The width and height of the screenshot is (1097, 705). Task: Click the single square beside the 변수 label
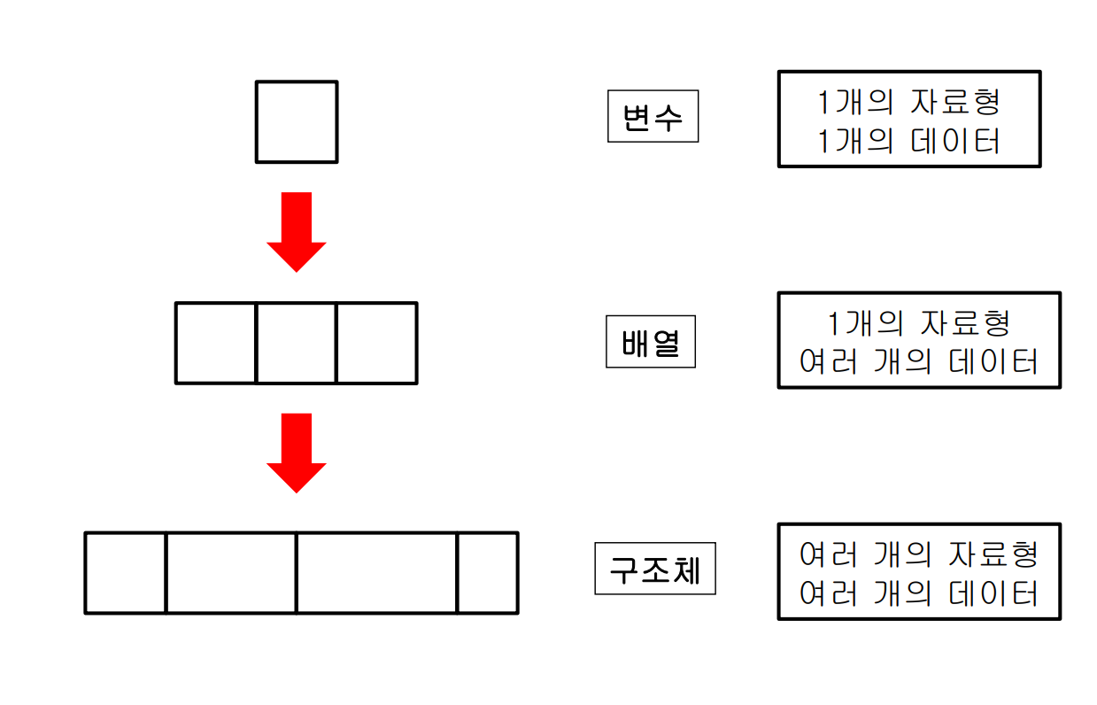pyautogui.click(x=297, y=122)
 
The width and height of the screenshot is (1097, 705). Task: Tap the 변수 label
pyautogui.click(x=653, y=117)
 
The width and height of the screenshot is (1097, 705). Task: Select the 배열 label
pyautogui.click(x=651, y=343)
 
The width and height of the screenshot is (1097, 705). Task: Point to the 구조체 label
pyautogui.click(x=654, y=569)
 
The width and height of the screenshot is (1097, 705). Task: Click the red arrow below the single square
pyautogui.click(x=297, y=230)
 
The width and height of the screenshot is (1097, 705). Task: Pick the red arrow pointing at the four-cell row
pyautogui.click(x=297, y=452)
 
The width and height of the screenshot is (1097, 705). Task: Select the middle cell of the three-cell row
pyautogui.click(x=297, y=343)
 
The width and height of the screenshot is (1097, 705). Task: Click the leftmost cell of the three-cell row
pyautogui.click(x=216, y=343)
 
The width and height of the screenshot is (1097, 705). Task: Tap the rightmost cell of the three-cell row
pyautogui.click(x=376, y=343)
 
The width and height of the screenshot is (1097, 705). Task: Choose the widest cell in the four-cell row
pyautogui.click(x=376, y=572)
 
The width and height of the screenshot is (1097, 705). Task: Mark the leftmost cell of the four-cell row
pyautogui.click(x=126, y=572)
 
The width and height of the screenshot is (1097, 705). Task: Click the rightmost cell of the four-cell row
pyautogui.click(x=487, y=572)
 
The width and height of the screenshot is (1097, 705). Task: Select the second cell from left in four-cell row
pyautogui.click(x=231, y=572)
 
